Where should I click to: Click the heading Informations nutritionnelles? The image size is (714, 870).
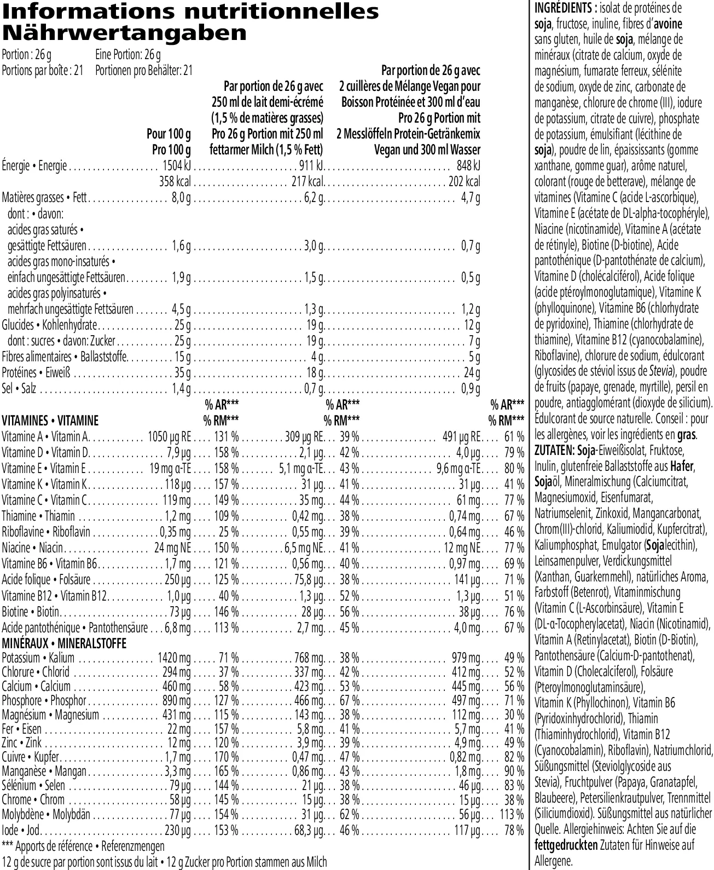click(190, 11)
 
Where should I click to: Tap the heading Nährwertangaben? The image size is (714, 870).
click(124, 33)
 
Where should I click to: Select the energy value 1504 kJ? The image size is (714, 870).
click(177, 166)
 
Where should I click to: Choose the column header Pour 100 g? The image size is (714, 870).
click(169, 134)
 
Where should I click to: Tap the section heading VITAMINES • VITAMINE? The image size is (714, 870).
click(50, 421)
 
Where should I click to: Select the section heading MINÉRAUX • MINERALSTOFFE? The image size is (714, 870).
click(64, 643)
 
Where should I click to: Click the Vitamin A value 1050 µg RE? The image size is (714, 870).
click(170, 437)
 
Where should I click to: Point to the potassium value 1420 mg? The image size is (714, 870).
click(175, 658)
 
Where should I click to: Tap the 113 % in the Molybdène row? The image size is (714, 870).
click(512, 815)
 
